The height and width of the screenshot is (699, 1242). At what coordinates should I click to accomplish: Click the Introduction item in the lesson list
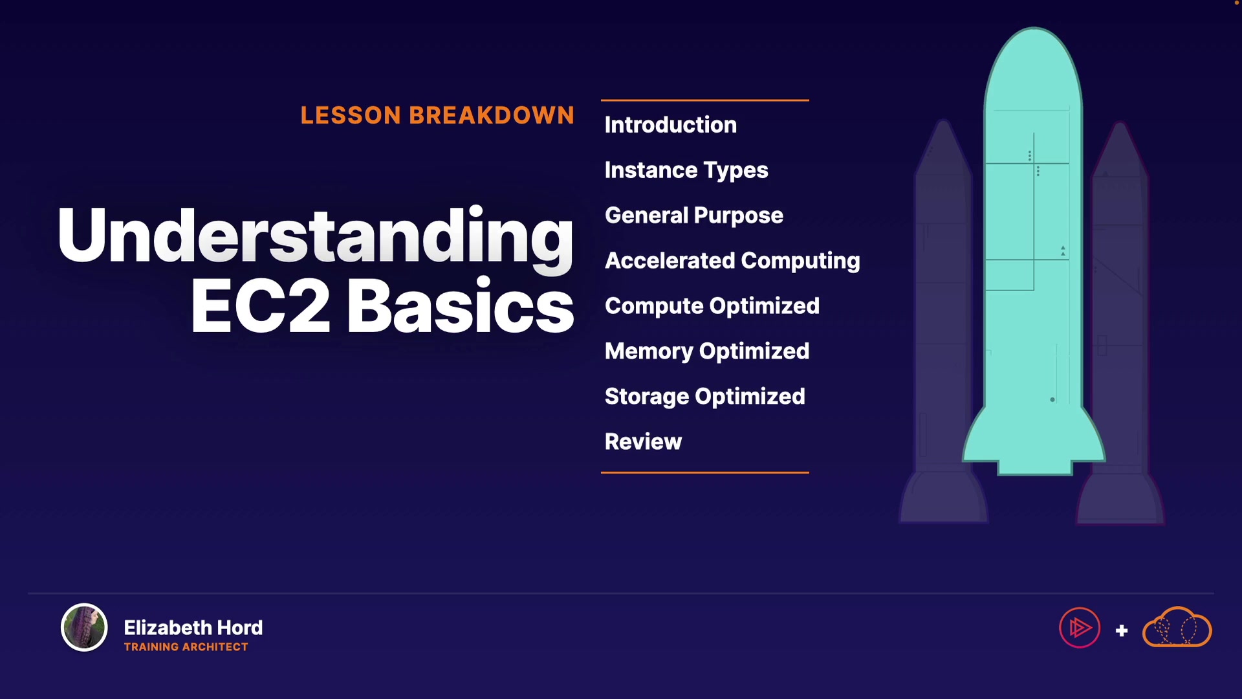[x=670, y=125]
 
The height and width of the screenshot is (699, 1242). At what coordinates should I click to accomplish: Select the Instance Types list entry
[x=686, y=170]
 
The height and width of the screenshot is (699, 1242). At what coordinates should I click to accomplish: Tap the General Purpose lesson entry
[x=694, y=216]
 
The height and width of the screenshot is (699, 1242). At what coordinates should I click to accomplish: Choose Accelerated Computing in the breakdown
[x=732, y=261]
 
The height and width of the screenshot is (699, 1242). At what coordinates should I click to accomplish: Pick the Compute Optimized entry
[x=712, y=306]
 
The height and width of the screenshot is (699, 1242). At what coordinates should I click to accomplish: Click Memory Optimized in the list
[x=707, y=351]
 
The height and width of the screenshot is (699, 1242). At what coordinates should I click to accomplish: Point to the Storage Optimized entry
[x=705, y=397]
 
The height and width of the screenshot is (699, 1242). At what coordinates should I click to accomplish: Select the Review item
[x=643, y=442]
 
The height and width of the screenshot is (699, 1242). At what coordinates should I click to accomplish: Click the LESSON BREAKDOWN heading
[x=437, y=115]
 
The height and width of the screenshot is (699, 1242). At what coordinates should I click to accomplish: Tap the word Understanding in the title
[x=316, y=236]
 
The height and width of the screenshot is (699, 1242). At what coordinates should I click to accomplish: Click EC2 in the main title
[x=261, y=306]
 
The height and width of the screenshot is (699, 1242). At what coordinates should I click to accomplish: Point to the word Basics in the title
[x=461, y=306]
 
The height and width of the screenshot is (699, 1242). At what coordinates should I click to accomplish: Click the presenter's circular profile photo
[x=84, y=627]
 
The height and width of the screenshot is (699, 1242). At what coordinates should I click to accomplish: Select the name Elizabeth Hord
[x=193, y=628]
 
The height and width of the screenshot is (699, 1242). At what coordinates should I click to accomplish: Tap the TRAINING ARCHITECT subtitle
[x=186, y=647]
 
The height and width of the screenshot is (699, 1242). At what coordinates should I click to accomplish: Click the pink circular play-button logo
[x=1080, y=627]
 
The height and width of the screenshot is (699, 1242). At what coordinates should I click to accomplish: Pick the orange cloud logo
[x=1177, y=627]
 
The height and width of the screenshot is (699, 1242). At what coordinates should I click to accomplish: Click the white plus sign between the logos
[x=1122, y=630]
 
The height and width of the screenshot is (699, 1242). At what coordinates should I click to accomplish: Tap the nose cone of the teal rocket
[x=1034, y=65]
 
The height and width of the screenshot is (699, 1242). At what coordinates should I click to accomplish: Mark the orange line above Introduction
[x=705, y=100]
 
